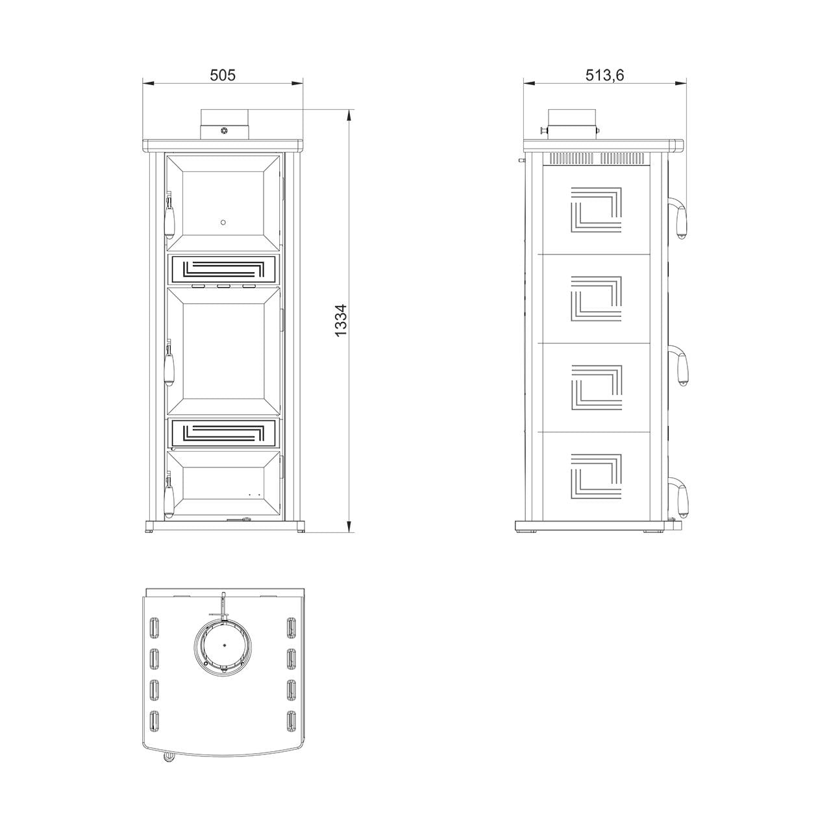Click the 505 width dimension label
click(x=223, y=75)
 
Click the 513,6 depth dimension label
click(x=604, y=75)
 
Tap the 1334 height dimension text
click(x=341, y=321)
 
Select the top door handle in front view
click(x=169, y=215)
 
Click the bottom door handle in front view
click(x=169, y=496)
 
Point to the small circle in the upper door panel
click(x=223, y=223)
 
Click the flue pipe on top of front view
click(x=224, y=124)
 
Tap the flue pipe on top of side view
click(x=572, y=124)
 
